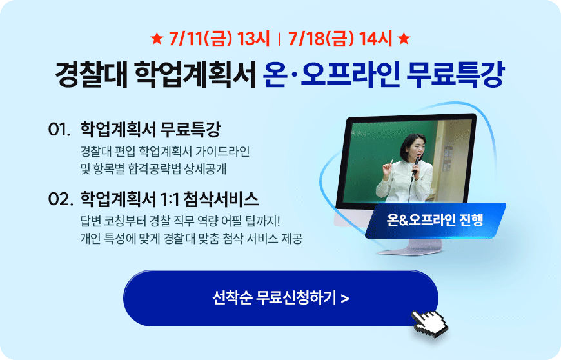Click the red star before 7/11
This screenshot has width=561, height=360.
coord(157,38)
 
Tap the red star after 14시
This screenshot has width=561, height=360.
coord(404,38)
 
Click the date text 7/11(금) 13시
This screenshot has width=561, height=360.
coord(219,39)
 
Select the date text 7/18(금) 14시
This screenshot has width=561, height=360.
coord(340,39)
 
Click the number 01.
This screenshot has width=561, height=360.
coord(59,129)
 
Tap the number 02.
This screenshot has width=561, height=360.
coord(61,199)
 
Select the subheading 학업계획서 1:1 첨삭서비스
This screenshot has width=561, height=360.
coord(169,199)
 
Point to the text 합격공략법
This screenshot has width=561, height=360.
coord(155,169)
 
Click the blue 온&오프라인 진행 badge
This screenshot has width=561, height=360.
coord(435,220)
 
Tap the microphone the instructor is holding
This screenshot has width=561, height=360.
coord(416,166)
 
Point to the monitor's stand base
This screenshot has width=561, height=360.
coord(410,250)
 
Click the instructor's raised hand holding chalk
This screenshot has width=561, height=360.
coord(387,167)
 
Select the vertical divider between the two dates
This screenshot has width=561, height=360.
coord(279,39)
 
